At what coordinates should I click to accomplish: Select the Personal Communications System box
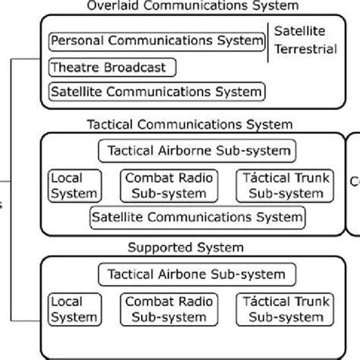tap(156, 39)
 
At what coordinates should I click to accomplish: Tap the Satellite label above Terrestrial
tap(299, 32)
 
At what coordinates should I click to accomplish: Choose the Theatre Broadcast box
tap(112, 67)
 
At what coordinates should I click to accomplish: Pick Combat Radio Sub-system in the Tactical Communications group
tap(169, 185)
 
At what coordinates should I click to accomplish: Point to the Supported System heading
tap(186, 248)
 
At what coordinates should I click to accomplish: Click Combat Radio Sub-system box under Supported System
tap(169, 308)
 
